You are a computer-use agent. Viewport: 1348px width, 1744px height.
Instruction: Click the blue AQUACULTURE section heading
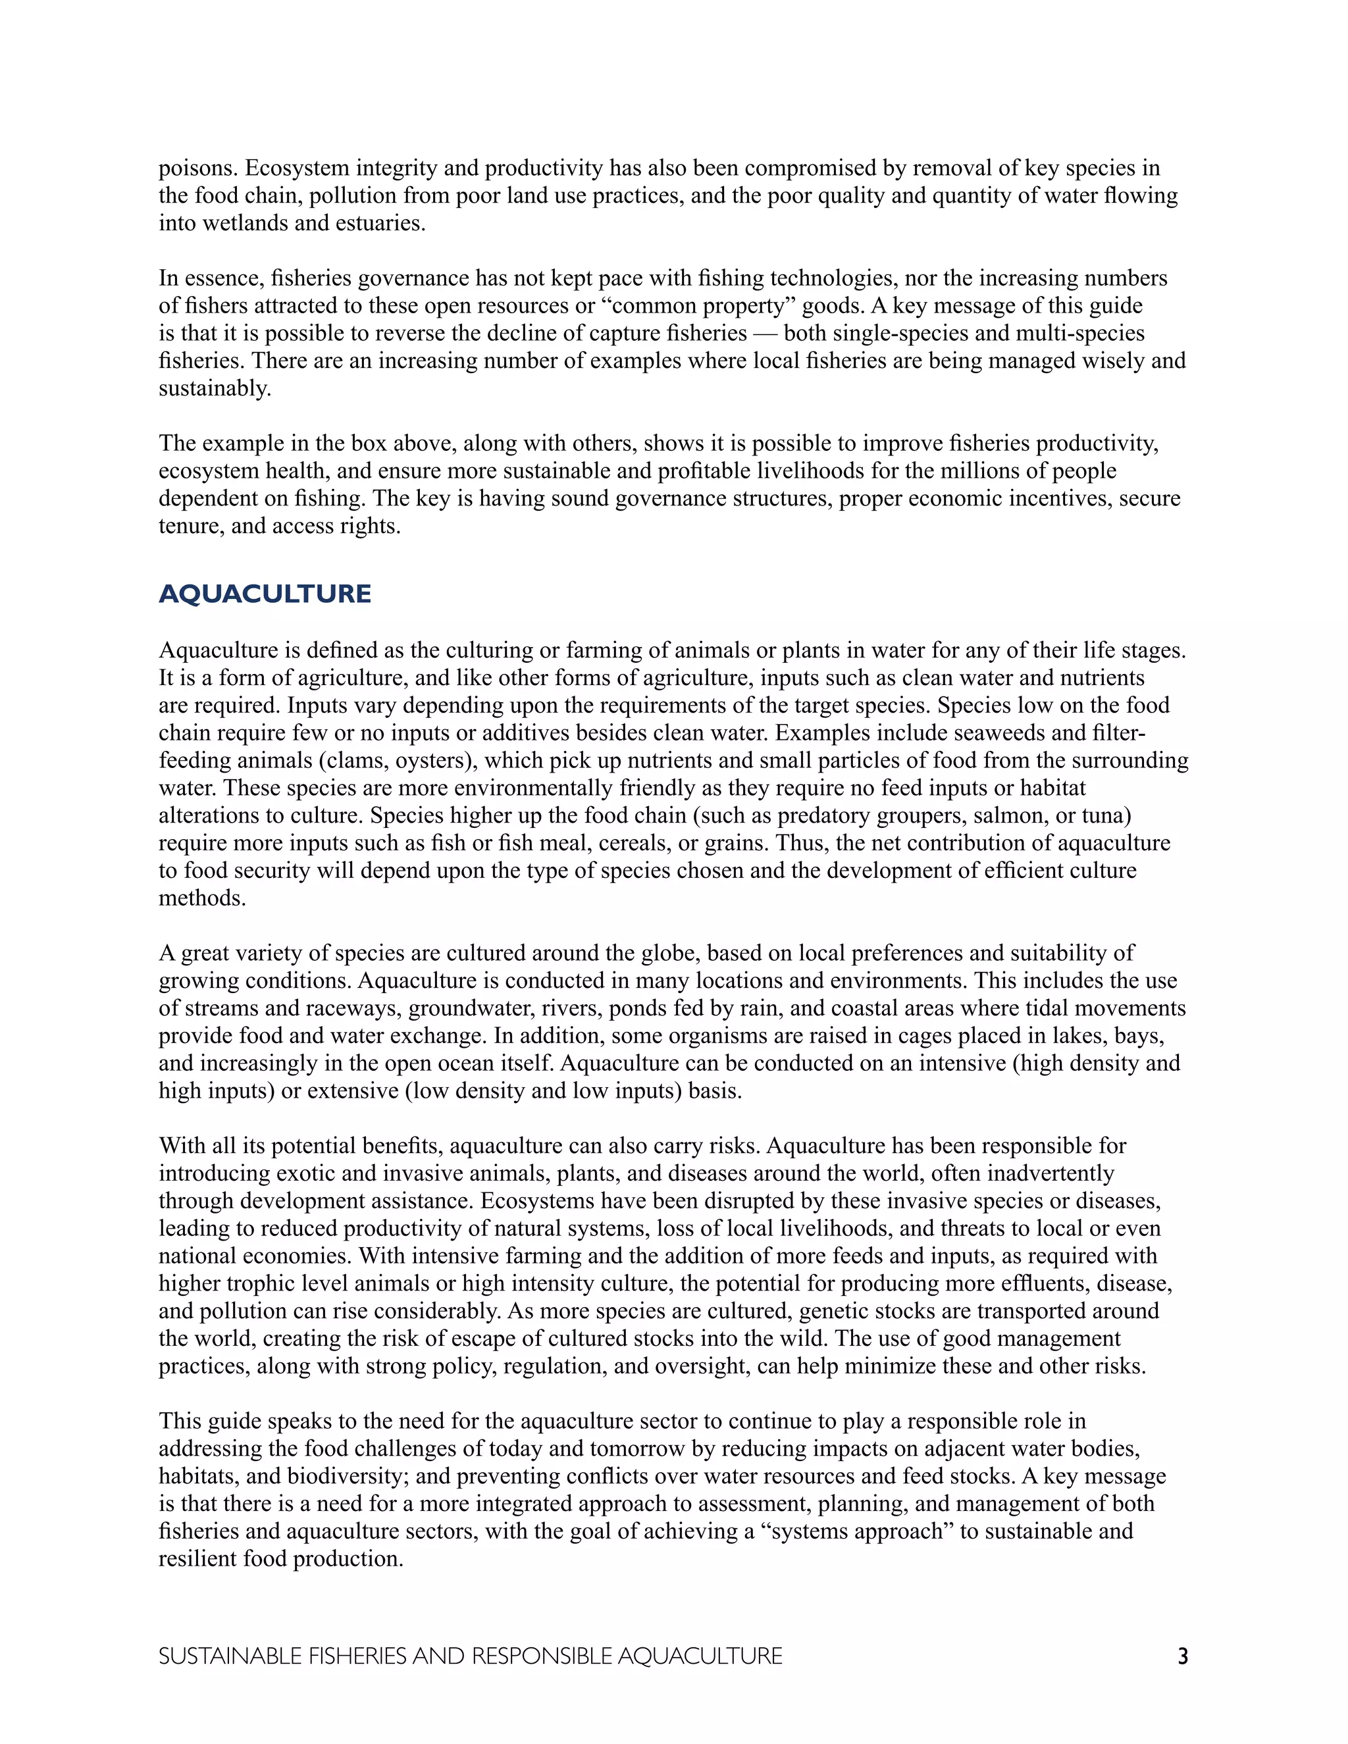(x=265, y=594)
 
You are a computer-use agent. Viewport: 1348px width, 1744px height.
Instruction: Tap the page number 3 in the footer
(x=1183, y=1656)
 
